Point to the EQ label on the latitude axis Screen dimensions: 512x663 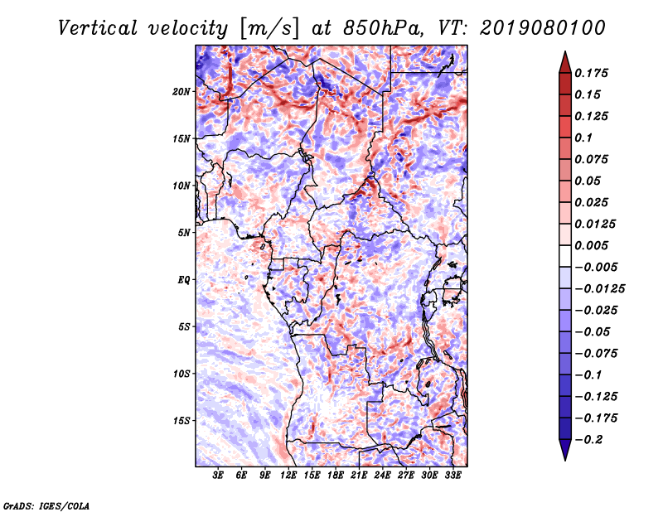tap(185, 279)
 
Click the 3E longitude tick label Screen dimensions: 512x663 tap(219, 476)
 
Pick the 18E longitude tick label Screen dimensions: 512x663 tap(336, 476)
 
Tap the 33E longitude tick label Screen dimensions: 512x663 tap(452, 476)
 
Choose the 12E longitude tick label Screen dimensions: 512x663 tap(289, 476)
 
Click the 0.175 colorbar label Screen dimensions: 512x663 tap(593, 74)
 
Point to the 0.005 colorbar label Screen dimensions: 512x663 tap(593, 246)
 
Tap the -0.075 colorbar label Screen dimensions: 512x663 tap(596, 353)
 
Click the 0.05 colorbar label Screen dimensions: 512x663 tap(588, 181)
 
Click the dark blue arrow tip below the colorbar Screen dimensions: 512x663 tap(564, 456)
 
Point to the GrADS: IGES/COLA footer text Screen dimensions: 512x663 tap(46, 505)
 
